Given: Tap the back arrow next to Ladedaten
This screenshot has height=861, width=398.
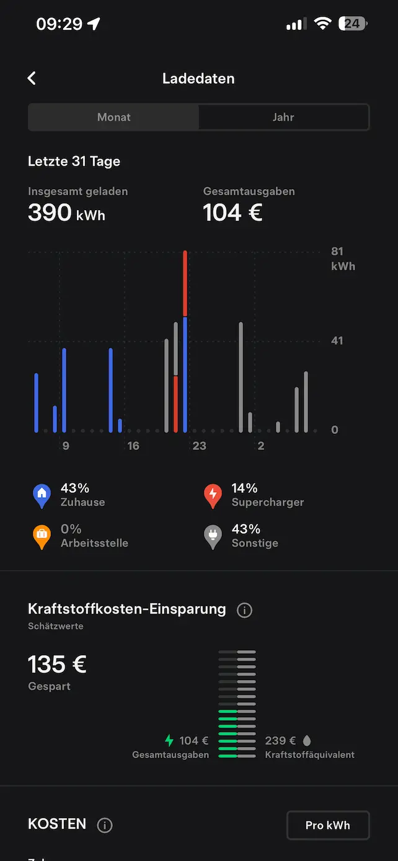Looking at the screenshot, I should pyautogui.click(x=32, y=78).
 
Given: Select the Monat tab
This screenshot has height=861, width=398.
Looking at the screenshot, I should pyautogui.click(x=113, y=117).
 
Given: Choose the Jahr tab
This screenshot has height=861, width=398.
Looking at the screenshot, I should pyautogui.click(x=283, y=117).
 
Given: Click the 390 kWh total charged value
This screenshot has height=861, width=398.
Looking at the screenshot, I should pyautogui.click(x=66, y=213).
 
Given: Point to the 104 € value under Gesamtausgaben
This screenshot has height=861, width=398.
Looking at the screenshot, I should pyautogui.click(x=232, y=213).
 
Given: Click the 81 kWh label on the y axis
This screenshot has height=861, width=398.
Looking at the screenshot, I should pyautogui.click(x=342, y=258).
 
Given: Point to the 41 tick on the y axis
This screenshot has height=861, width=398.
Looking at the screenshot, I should pyautogui.click(x=337, y=340).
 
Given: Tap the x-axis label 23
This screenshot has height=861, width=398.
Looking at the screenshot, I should pyautogui.click(x=199, y=446).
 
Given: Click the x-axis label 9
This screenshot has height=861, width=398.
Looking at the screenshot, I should pyautogui.click(x=66, y=446).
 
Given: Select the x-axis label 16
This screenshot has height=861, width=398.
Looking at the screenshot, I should pyautogui.click(x=133, y=446).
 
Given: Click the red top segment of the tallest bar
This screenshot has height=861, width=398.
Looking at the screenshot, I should pyautogui.click(x=185, y=283).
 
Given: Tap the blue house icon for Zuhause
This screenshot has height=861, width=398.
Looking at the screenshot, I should pyautogui.click(x=42, y=495).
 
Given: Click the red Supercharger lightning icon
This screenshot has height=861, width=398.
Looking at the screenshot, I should pyautogui.click(x=213, y=495).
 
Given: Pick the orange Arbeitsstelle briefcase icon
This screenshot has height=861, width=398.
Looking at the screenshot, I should pyautogui.click(x=42, y=536).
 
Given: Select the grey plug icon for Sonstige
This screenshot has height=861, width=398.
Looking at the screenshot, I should pyautogui.click(x=213, y=536).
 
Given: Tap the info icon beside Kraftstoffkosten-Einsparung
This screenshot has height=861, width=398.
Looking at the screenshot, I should pyautogui.click(x=244, y=611).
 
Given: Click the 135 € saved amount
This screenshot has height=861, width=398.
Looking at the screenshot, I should pyautogui.click(x=57, y=665).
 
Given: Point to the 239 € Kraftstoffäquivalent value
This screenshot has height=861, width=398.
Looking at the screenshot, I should pyautogui.click(x=280, y=741).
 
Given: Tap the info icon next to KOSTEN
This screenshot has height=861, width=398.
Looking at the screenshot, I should pyautogui.click(x=105, y=825).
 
